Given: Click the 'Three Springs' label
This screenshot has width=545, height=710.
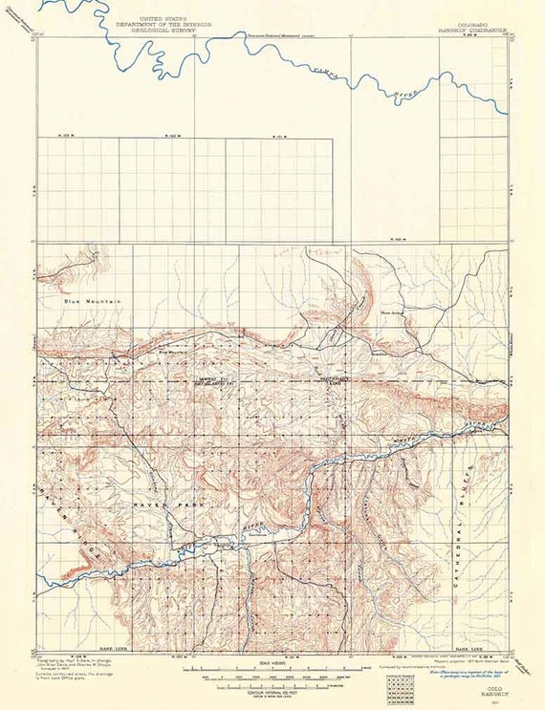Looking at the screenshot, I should click(x=393, y=310).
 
